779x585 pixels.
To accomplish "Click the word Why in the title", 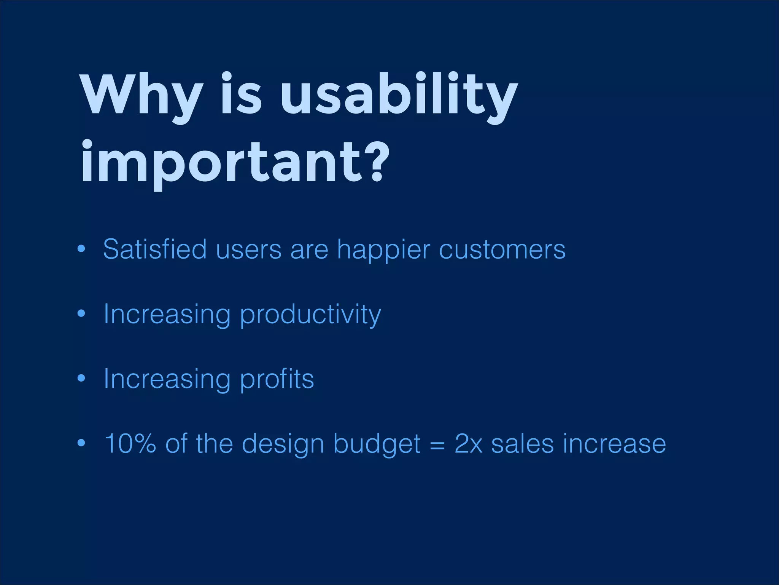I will click(141, 95).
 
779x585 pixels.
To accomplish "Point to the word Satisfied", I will click(155, 249).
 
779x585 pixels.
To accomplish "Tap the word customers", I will click(502, 250).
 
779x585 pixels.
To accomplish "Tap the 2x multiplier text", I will click(468, 444).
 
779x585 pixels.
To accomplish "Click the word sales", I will click(522, 444).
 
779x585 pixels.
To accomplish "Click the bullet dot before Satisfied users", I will click(81, 249).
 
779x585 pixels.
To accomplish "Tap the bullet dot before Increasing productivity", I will click(81, 314).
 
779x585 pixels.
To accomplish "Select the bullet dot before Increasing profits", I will click(81, 379).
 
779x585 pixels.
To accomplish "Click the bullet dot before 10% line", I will click(81, 443).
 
